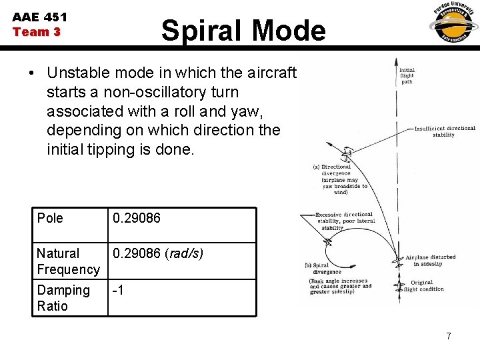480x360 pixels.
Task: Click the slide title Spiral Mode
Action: [x=243, y=31]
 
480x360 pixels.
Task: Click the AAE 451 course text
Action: [x=40, y=17]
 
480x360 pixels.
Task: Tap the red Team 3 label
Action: [x=37, y=32]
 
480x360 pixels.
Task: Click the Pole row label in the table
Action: [x=50, y=218]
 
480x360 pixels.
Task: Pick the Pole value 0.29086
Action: [x=137, y=218]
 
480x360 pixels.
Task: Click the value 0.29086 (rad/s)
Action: [x=158, y=253]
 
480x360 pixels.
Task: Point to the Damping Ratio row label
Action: [x=63, y=298]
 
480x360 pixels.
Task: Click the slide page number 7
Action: [x=449, y=336]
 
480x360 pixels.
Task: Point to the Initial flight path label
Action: [x=407, y=76]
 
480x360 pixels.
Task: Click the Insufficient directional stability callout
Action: [x=445, y=131]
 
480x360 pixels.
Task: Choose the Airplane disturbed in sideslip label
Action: [x=430, y=259]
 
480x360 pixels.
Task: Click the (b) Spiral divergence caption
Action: [x=323, y=268]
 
